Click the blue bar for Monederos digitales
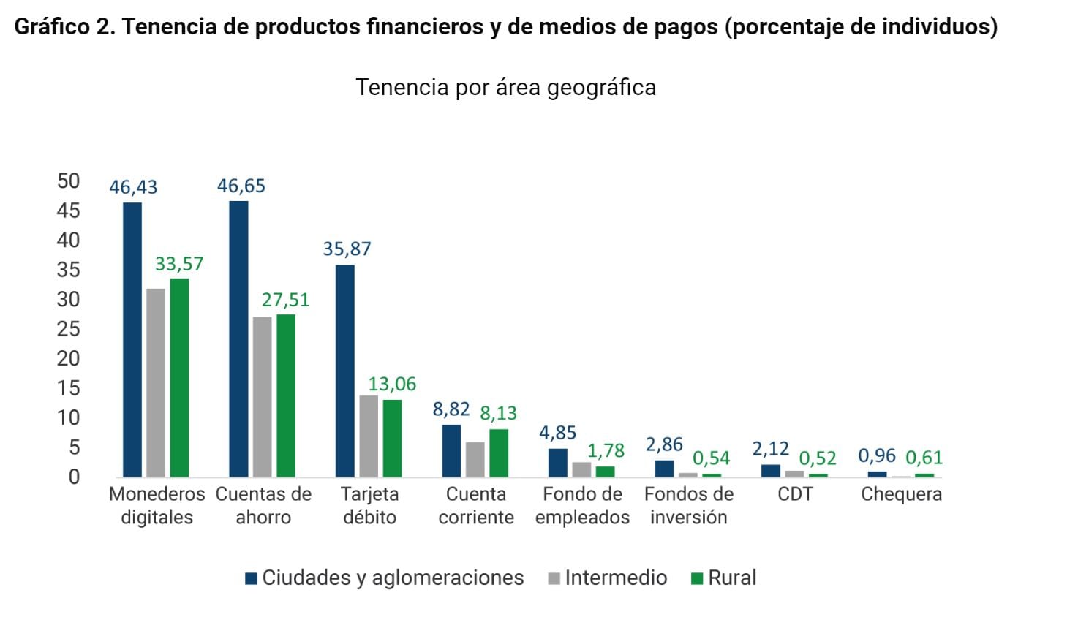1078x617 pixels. pos(132,339)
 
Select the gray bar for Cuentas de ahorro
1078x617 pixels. pos(263,396)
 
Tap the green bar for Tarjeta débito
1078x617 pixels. pos(393,438)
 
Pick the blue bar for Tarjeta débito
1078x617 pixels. pos(345,371)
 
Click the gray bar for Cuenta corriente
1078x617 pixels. pos(475,459)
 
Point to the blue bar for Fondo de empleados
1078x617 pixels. pos(558,462)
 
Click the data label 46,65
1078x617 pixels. pos(241,186)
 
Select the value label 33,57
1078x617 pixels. pos(179,263)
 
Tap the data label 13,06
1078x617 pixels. pos(392,384)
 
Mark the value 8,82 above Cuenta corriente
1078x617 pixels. pos(451,409)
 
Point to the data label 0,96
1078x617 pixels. pos(877,455)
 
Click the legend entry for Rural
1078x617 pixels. pos(724,578)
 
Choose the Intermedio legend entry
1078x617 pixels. pos(608,578)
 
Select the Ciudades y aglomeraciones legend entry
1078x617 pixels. pos(385,578)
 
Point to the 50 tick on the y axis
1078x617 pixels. pos(68,181)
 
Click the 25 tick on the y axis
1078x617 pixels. pos(68,329)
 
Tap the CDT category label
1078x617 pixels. pos(795,494)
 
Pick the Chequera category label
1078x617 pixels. pos(901,494)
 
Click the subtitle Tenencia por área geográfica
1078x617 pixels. pos(505,87)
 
